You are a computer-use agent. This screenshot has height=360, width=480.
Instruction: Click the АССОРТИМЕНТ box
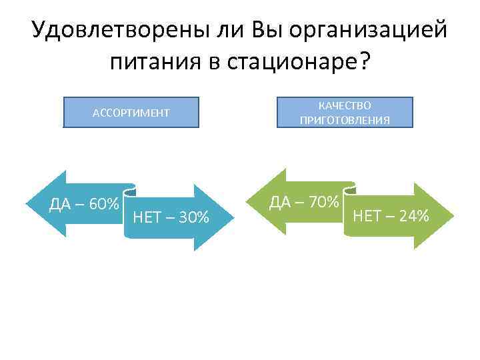tap(131, 112)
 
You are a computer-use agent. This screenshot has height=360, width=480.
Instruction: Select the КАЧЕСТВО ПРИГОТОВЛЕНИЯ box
tap(345, 112)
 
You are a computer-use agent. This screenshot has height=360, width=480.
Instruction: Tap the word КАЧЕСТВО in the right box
tap(345, 105)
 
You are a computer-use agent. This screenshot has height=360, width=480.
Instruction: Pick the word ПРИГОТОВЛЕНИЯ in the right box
tap(345, 120)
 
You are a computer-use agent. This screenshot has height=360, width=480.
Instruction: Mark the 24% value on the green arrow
tap(411, 215)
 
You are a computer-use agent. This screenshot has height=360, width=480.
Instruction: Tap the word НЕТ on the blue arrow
tap(147, 217)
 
